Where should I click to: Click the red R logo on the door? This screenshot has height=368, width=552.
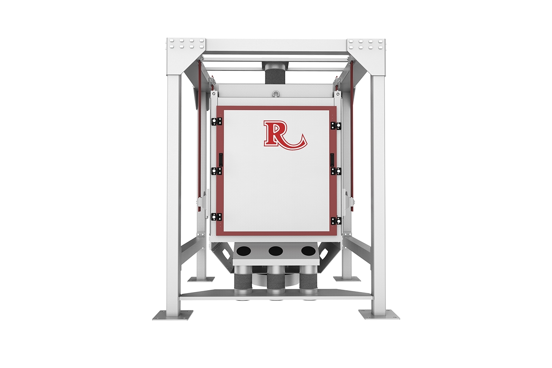click(285, 135)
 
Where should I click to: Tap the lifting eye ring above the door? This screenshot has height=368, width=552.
click(276, 93)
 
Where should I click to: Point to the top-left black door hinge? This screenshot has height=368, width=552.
click(217, 121)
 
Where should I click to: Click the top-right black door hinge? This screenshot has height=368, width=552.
click(336, 126)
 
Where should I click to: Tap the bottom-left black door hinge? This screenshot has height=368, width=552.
click(216, 217)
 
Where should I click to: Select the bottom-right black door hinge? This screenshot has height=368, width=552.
click(336, 221)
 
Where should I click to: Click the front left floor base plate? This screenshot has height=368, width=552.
click(172, 315)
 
